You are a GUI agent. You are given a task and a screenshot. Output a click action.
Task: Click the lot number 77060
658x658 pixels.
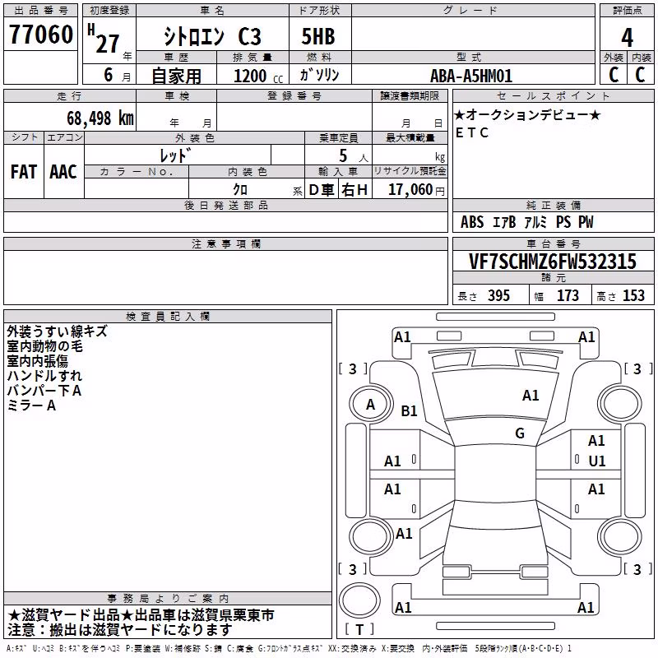pyautogui.click(x=41, y=34)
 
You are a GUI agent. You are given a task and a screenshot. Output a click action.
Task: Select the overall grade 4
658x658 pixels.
pyautogui.click(x=627, y=37)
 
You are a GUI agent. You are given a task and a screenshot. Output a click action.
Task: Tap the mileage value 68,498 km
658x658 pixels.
pyautogui.click(x=100, y=118)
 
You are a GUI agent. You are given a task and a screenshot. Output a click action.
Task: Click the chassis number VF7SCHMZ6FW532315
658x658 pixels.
pyautogui.click(x=553, y=262)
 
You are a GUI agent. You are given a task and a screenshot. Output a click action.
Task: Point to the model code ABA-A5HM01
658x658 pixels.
pyautogui.click(x=471, y=76)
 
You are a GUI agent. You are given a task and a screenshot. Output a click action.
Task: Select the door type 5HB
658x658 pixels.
pyautogui.click(x=318, y=36)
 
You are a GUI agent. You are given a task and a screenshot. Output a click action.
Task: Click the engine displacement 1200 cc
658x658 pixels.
pyautogui.click(x=258, y=76)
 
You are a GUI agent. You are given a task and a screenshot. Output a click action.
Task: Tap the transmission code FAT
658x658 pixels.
pyautogui.click(x=24, y=172)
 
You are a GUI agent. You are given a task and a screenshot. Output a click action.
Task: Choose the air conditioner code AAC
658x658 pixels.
pyautogui.click(x=63, y=172)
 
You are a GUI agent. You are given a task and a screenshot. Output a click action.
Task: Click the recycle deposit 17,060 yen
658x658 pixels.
pyautogui.click(x=416, y=190)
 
